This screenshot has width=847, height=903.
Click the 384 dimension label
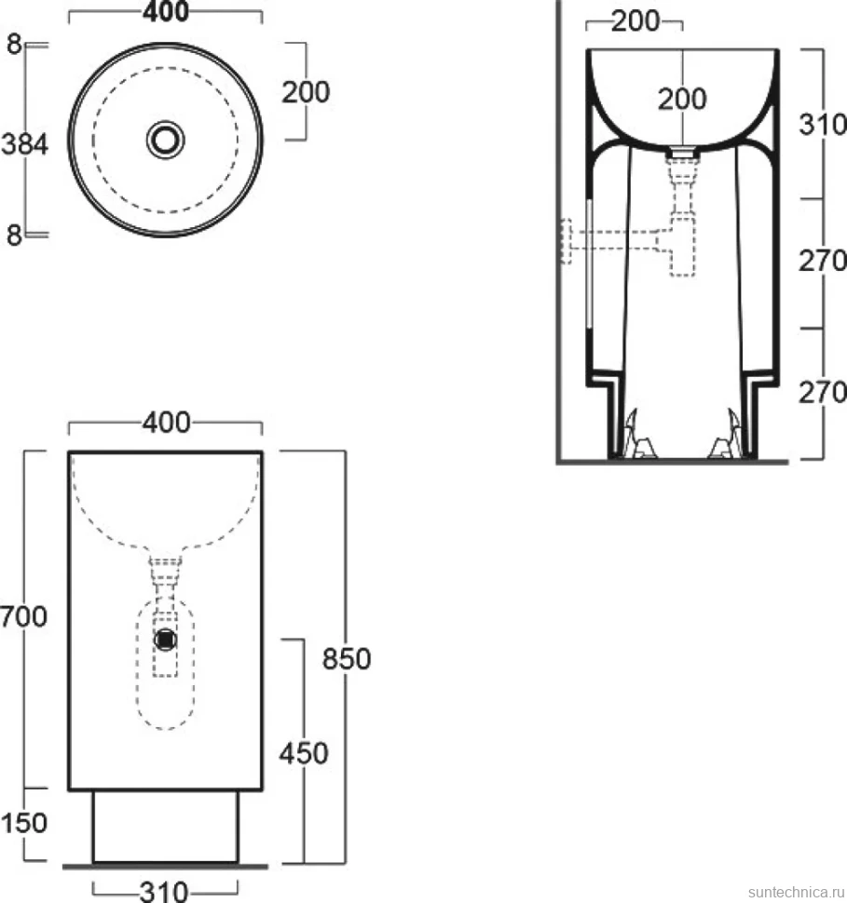pyautogui.click(x=24, y=144)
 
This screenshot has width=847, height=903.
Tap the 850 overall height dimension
pyautogui.click(x=347, y=659)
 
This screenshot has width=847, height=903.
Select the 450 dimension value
pyautogui.click(x=304, y=753)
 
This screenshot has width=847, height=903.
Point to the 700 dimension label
pyautogui.click(x=23, y=617)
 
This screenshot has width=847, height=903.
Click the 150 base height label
pyautogui.click(x=23, y=823)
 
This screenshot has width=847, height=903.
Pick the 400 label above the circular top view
pyautogui.click(x=166, y=11)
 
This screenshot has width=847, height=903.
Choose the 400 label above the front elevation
pyautogui.click(x=167, y=423)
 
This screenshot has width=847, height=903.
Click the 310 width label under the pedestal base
pyautogui.click(x=164, y=892)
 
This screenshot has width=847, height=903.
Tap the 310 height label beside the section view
pyautogui.click(x=823, y=125)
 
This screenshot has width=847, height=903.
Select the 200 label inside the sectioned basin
pyautogui.click(x=683, y=99)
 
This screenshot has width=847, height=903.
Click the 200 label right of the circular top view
pyautogui.click(x=306, y=92)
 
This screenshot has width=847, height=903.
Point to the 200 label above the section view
pyautogui.click(x=635, y=21)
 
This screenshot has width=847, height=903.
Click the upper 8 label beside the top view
pyautogui.click(x=14, y=45)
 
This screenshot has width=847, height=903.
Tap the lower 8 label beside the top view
pyautogui.click(x=14, y=235)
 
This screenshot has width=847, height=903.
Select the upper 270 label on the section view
pyautogui.click(x=823, y=261)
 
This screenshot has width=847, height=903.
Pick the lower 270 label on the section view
pyautogui.click(x=823, y=393)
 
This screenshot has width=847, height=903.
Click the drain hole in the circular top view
pyautogui.click(x=166, y=140)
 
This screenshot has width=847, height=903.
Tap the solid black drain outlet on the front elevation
pyautogui.click(x=166, y=640)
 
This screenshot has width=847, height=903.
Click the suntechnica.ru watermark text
pyautogui.click(x=797, y=892)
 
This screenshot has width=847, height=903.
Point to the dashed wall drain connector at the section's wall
pyautogui.click(x=567, y=241)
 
